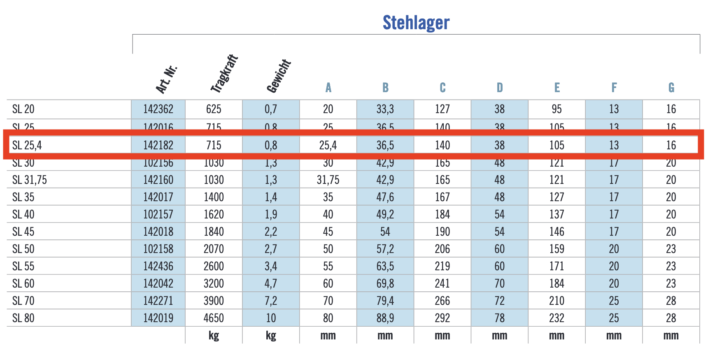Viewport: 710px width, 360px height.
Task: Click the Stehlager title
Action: click(x=416, y=23)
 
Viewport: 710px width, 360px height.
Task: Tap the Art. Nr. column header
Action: click(x=166, y=79)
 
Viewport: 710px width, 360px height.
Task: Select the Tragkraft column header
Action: click(x=224, y=73)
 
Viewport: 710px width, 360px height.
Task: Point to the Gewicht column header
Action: click(x=279, y=76)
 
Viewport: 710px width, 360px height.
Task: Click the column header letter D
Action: click(x=499, y=88)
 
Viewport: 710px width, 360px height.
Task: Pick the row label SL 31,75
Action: click(x=30, y=180)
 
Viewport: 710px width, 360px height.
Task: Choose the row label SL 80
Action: click(x=23, y=318)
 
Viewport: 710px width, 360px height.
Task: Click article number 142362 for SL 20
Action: click(x=158, y=109)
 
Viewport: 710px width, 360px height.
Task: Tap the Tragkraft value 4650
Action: click(x=214, y=318)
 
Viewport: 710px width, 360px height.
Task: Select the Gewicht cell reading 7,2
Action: click(x=270, y=301)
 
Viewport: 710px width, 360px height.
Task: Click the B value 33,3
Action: click(x=385, y=109)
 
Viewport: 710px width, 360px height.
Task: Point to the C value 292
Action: click(x=442, y=318)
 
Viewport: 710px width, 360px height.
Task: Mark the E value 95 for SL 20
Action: click(x=556, y=109)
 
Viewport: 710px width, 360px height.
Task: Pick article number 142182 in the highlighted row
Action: click(x=158, y=145)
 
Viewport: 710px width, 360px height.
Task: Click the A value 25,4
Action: click(x=328, y=145)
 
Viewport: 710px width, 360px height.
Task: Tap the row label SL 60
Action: click(x=23, y=283)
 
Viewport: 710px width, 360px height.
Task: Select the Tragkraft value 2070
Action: click(x=214, y=249)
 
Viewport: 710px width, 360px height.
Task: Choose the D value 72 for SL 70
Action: click(x=499, y=301)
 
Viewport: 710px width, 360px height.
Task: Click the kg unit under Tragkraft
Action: click(x=214, y=335)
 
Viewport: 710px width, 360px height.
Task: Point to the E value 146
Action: click(x=556, y=232)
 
